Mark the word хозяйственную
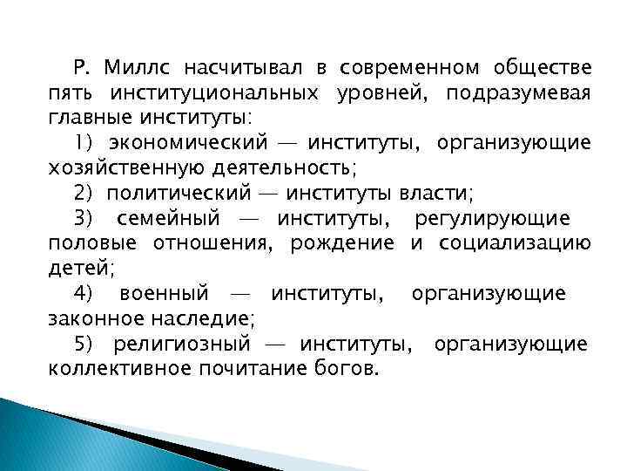(128, 167)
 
